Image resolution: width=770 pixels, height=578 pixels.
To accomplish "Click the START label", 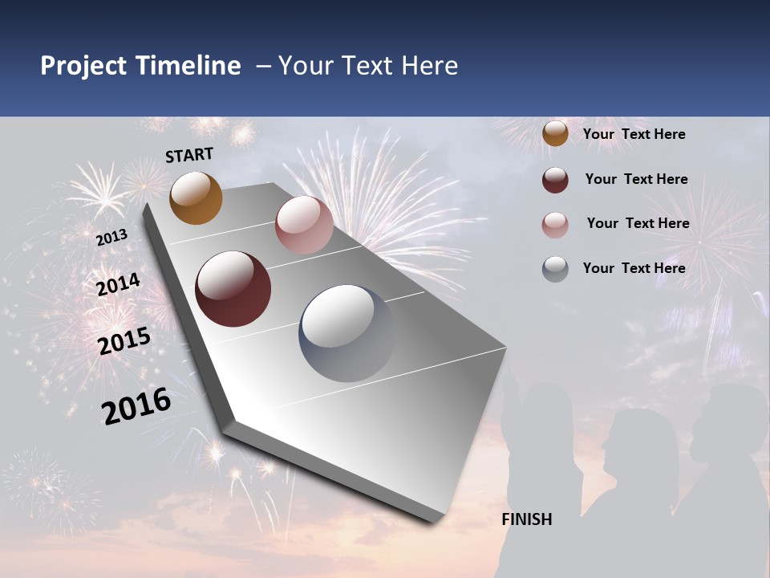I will pos(190,154).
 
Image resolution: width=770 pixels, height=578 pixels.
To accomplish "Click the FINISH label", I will pos(527,519).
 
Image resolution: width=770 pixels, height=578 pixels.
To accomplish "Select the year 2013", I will pos(111,238).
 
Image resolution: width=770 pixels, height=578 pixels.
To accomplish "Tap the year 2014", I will pos(119,284).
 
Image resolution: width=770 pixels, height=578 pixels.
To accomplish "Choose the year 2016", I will pos(136,405).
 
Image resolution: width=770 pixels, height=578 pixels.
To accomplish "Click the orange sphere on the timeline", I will pos(196,197).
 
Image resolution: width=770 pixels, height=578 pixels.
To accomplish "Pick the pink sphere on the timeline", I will pos(304,225).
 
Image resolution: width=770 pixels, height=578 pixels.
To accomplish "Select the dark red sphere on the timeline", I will pos(233,289).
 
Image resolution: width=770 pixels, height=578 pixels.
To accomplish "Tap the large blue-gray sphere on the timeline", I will pos(347,333).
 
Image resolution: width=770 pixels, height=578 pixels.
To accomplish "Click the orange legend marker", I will pos(555,134).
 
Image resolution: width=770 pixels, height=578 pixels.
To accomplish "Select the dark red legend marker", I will pos(555,180).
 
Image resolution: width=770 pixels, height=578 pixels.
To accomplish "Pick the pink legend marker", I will pos(555,225).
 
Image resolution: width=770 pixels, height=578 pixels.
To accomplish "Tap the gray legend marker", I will pos(555,269).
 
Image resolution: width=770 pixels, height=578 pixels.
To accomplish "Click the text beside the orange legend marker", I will pos(634,134).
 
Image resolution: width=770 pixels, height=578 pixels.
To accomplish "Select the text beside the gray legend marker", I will pos(634,268).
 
